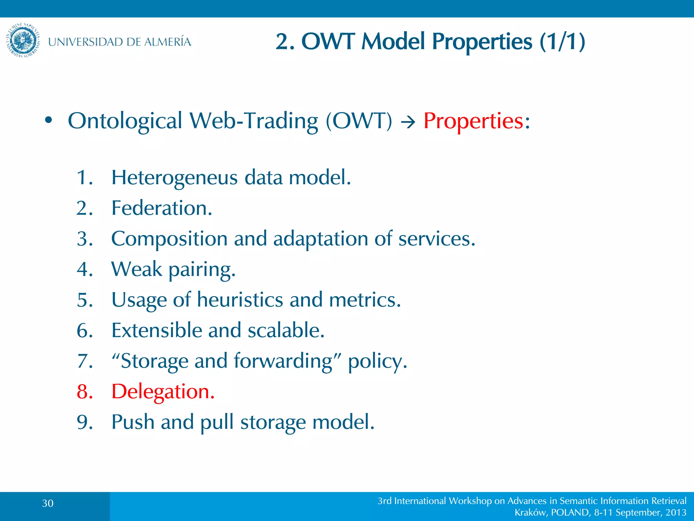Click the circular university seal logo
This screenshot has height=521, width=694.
click(x=23, y=40)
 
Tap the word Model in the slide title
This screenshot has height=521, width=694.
click(x=393, y=42)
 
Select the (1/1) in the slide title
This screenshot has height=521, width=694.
click(x=562, y=42)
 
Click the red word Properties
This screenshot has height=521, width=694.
click(x=473, y=121)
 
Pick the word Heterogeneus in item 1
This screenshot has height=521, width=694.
click(x=175, y=178)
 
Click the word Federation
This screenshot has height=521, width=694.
click(x=162, y=208)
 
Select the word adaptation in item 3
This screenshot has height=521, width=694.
click(x=320, y=239)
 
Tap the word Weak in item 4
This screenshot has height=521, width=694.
click(x=137, y=269)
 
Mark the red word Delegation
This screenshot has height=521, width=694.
click(x=163, y=392)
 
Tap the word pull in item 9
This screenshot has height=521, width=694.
click(x=217, y=422)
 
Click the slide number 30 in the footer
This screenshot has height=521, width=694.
click(x=48, y=503)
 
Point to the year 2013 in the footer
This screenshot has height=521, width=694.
click(x=676, y=513)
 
